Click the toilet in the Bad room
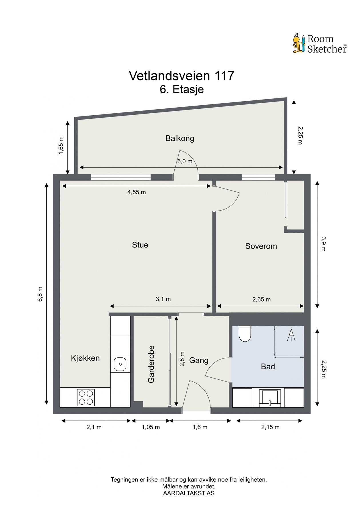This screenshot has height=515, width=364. pos(244,334)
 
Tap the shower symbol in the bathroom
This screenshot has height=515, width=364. pos(291,335)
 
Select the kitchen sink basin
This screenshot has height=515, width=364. pos(120,365)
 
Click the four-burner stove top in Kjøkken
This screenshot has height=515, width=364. pos(86,397)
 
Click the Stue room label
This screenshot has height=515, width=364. pos(140,245)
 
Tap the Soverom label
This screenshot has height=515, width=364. pos(261,246)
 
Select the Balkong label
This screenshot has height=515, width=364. pos(180,139)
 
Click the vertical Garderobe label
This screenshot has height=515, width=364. pos(151,364)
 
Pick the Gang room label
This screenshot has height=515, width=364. pos(199,360)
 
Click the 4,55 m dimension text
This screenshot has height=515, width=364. pos(137,192)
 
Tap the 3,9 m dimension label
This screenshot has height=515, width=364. pos(323,243)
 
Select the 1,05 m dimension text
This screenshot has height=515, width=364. pos(151,427)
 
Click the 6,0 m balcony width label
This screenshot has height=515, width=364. pos(185,161)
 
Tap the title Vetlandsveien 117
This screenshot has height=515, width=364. pos(182,76)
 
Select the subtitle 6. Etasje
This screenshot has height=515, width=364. pos(182,89)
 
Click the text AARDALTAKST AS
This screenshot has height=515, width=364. pos(189,493)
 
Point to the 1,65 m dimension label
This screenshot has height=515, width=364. pos(61,145)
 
